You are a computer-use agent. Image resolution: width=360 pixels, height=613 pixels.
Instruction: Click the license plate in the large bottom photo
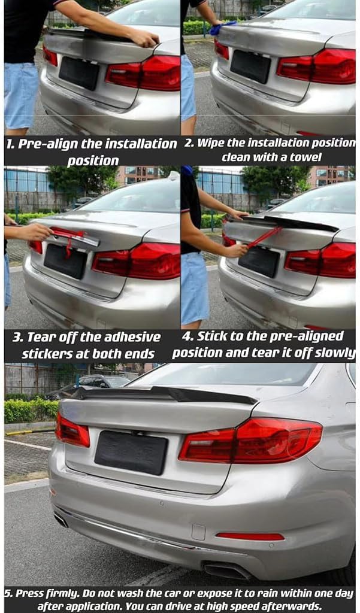pos(131,452)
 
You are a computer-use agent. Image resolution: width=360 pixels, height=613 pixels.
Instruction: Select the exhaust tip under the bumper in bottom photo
pos(226,570)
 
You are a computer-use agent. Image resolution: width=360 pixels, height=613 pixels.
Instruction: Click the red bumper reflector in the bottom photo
pos(250,536)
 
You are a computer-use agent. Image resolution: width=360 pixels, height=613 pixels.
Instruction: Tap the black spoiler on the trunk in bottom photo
pos(162,394)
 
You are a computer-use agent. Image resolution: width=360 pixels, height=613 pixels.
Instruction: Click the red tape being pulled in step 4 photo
pos(264,236)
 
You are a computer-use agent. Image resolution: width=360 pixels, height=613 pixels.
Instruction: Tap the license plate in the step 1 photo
pos(79,72)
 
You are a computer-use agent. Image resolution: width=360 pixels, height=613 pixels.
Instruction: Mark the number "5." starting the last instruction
pos(8,593)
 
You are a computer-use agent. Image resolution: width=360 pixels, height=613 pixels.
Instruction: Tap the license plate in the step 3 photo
pos(65,261)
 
